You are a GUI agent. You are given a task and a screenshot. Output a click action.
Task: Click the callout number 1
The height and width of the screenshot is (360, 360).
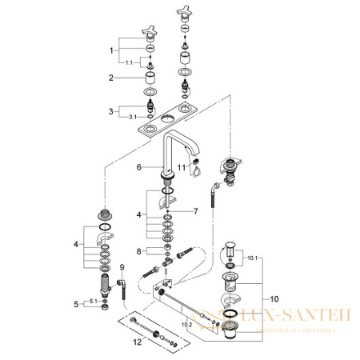pyautogui.click(x=112, y=50)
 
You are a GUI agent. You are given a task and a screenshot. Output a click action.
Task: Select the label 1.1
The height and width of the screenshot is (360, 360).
pyautogui.click(x=127, y=62)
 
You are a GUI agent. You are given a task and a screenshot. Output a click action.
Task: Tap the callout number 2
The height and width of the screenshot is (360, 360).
pyautogui.click(x=112, y=78)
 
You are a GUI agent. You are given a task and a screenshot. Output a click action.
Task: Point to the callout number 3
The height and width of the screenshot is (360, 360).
pyautogui.click(x=112, y=110)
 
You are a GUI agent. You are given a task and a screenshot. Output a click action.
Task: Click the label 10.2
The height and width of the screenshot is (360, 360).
pyautogui.click(x=186, y=326)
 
